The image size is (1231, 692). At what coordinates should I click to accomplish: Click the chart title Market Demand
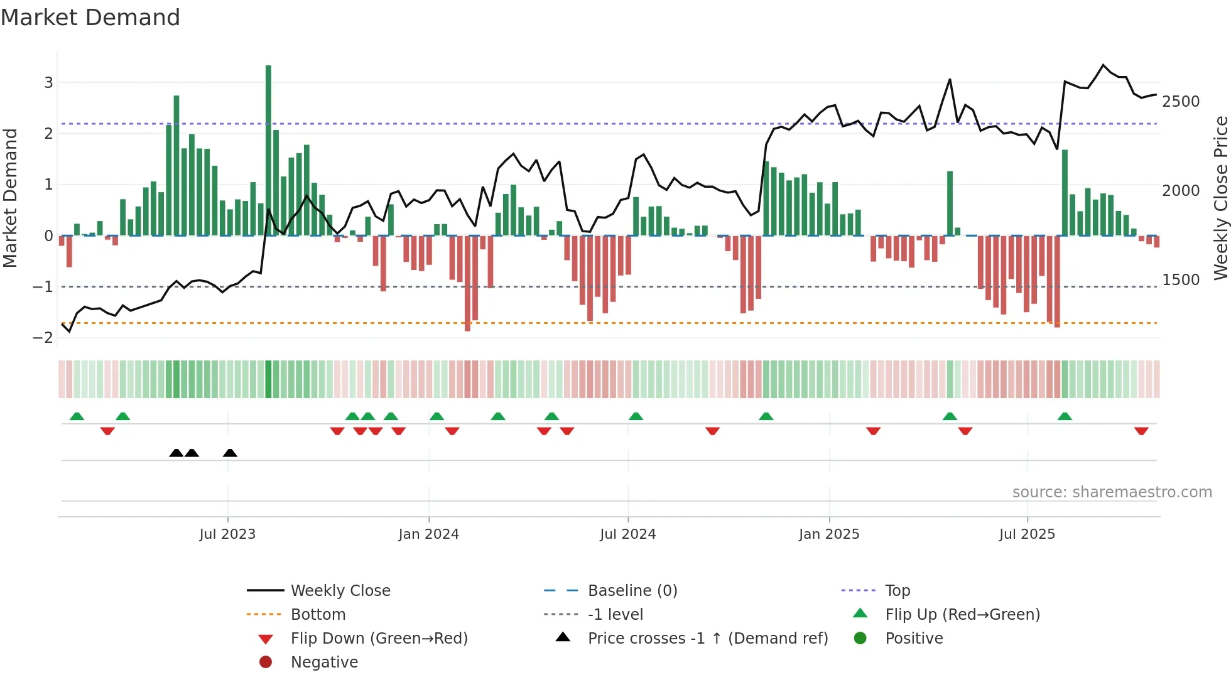90,18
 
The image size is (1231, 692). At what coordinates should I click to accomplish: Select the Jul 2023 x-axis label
227,534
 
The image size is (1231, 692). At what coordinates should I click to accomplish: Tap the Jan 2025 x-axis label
829,534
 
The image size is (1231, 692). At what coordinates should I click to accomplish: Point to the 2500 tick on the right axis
1181,102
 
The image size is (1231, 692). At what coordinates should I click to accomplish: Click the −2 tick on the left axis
43,338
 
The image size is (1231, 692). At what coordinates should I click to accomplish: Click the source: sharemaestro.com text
1112,492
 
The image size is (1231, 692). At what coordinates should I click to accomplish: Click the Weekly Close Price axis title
1220,198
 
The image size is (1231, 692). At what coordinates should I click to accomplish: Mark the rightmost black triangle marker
230,453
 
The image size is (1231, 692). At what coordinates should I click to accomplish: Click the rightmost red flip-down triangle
1141,431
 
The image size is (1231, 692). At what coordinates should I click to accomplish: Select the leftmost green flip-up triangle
77,416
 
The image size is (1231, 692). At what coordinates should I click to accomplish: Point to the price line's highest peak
1104,65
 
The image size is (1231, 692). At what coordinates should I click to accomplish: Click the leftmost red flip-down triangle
107,431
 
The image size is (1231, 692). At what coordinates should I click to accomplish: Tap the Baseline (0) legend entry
632,591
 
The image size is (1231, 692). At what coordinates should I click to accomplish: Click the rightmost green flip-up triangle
1065,416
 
